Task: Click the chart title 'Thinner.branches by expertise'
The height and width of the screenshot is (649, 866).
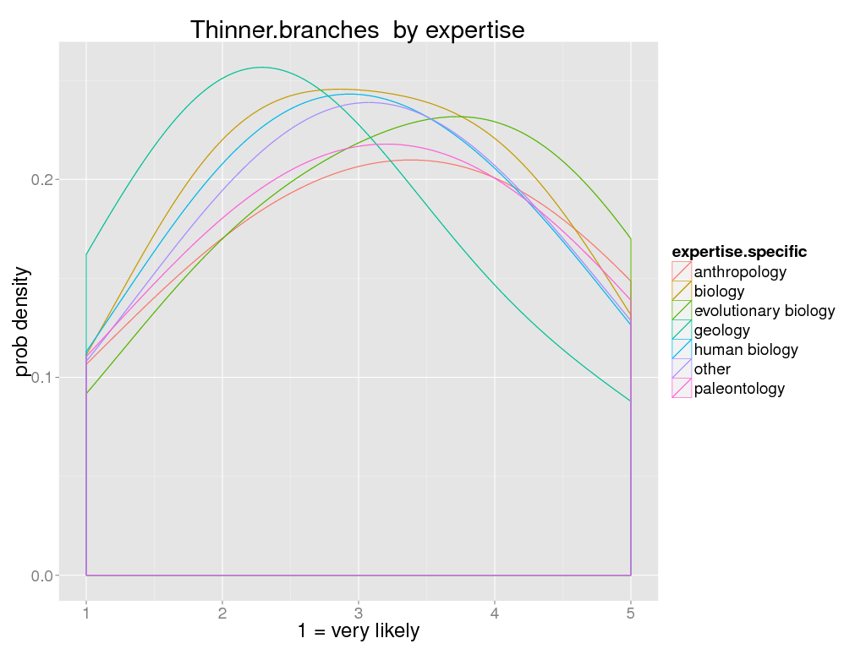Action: coord(357,30)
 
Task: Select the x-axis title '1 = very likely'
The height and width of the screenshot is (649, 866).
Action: coord(358,631)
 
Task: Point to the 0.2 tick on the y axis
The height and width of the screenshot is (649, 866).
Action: coord(42,180)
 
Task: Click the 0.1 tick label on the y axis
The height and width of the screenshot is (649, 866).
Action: coord(42,378)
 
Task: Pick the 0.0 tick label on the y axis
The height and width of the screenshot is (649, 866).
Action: coord(42,575)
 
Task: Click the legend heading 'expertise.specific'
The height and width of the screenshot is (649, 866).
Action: coord(738,252)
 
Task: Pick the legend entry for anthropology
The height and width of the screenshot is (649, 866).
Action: coord(740,272)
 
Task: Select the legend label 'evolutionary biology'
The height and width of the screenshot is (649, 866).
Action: coord(764,311)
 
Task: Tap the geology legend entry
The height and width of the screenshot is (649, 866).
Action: coord(721,330)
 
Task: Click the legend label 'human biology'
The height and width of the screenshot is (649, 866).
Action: coord(745,350)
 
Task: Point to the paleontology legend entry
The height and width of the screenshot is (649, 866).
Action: coord(739,389)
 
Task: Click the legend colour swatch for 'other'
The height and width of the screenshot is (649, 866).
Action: coord(682,369)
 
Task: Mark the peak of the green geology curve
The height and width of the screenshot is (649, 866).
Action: coord(260,68)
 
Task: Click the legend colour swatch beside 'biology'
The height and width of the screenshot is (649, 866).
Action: coord(682,292)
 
